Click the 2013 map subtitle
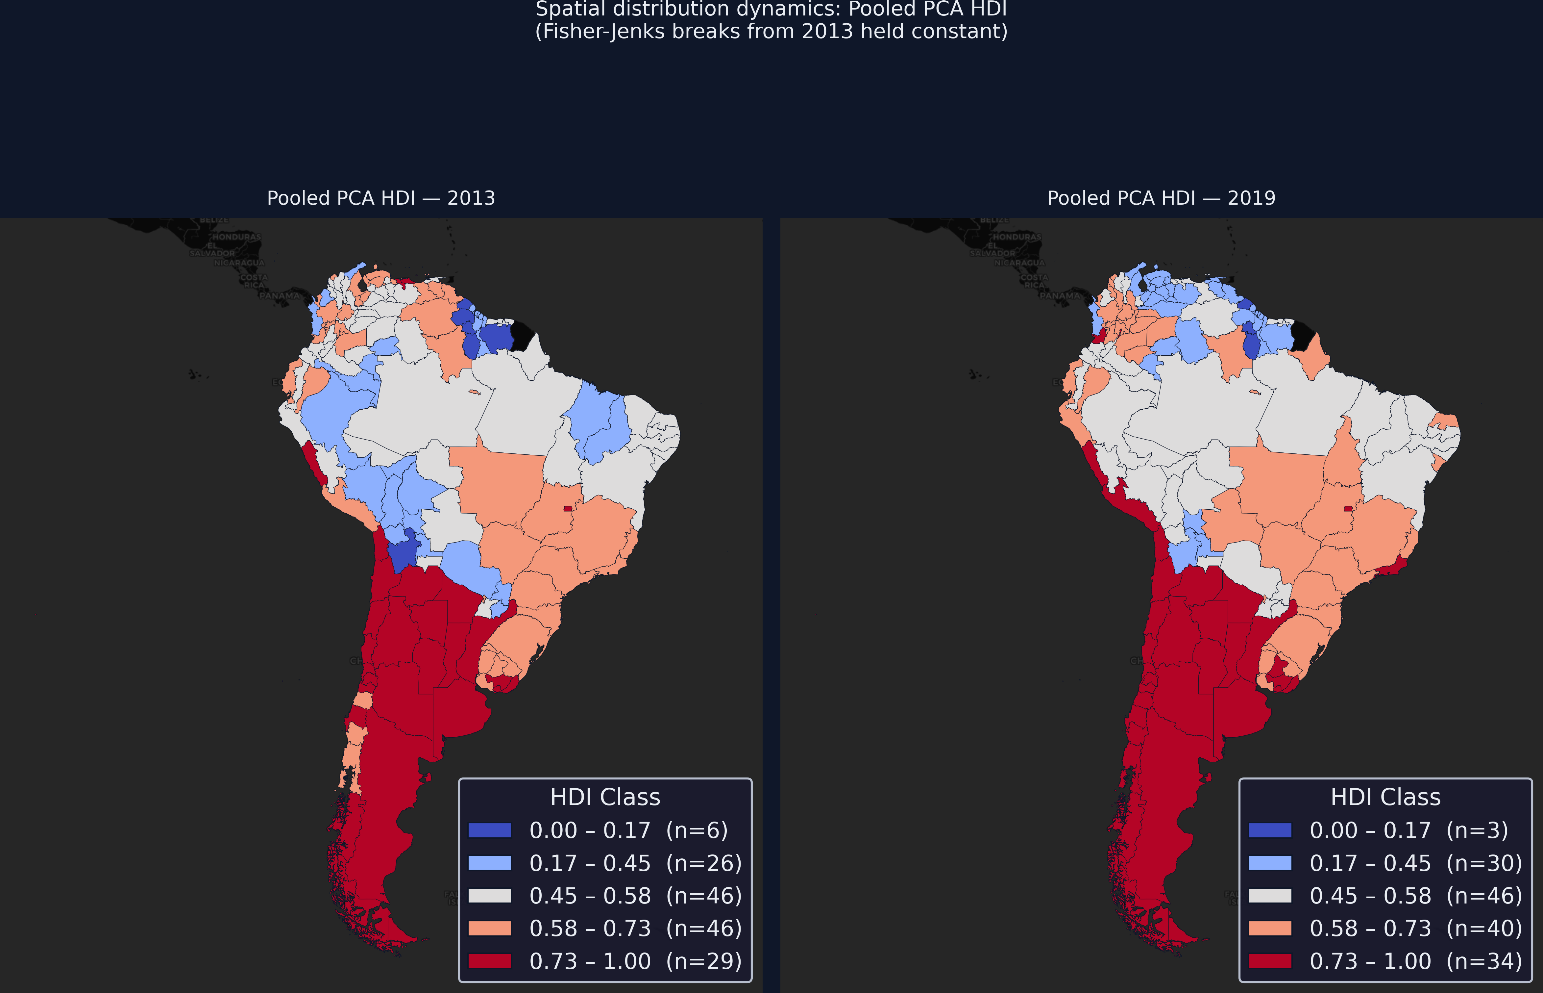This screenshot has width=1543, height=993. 381,198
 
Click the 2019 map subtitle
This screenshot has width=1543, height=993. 1161,198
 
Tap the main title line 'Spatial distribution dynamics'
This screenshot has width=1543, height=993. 771,10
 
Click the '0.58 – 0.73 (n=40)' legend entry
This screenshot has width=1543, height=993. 1415,929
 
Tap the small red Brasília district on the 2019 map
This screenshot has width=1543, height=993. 1348,509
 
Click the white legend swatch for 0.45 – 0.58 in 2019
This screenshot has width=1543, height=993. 1270,896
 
